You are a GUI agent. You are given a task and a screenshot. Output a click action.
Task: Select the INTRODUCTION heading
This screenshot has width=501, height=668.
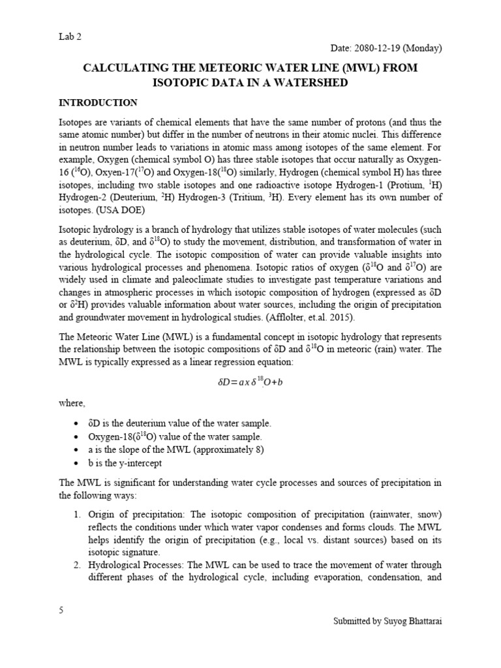point(98,103)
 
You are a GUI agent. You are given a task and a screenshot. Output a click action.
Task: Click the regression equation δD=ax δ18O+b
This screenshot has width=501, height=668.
point(250,382)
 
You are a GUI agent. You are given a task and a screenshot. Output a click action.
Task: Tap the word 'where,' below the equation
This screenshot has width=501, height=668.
point(72,404)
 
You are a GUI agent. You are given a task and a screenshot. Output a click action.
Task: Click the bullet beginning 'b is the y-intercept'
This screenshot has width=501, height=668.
point(125,463)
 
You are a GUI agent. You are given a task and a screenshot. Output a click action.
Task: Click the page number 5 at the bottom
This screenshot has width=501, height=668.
point(61,611)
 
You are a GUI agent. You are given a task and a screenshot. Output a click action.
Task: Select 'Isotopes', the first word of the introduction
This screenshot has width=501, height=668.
point(77,122)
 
